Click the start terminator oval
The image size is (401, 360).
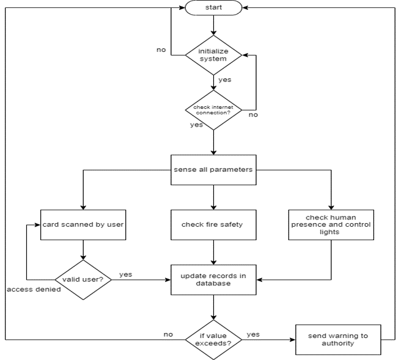213,9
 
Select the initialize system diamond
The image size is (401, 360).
213,56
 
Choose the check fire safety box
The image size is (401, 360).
213,224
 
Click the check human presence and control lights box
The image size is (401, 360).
331,224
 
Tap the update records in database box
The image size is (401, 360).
213,280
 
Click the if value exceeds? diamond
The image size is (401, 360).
213,338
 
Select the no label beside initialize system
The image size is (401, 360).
161,50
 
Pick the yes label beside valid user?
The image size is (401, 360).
126,274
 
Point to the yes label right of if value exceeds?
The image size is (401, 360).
253,334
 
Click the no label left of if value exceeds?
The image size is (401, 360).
167,334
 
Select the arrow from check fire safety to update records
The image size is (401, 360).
213,251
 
